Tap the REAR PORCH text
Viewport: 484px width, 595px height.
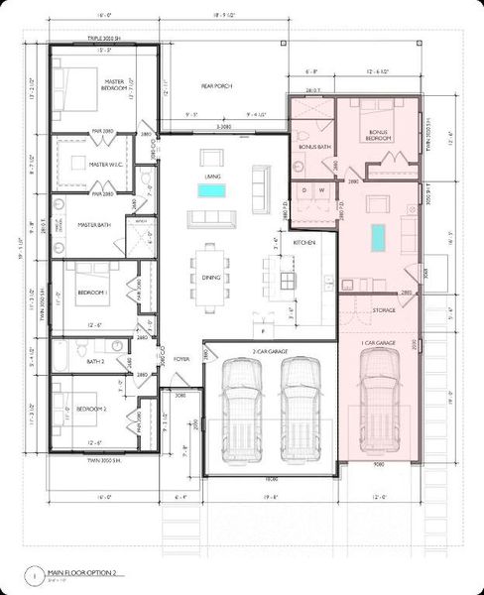(215, 86)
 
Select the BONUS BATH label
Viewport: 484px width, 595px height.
(314, 146)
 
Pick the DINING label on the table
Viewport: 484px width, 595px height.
(210, 278)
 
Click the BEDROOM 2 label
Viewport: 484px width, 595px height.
(91, 408)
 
